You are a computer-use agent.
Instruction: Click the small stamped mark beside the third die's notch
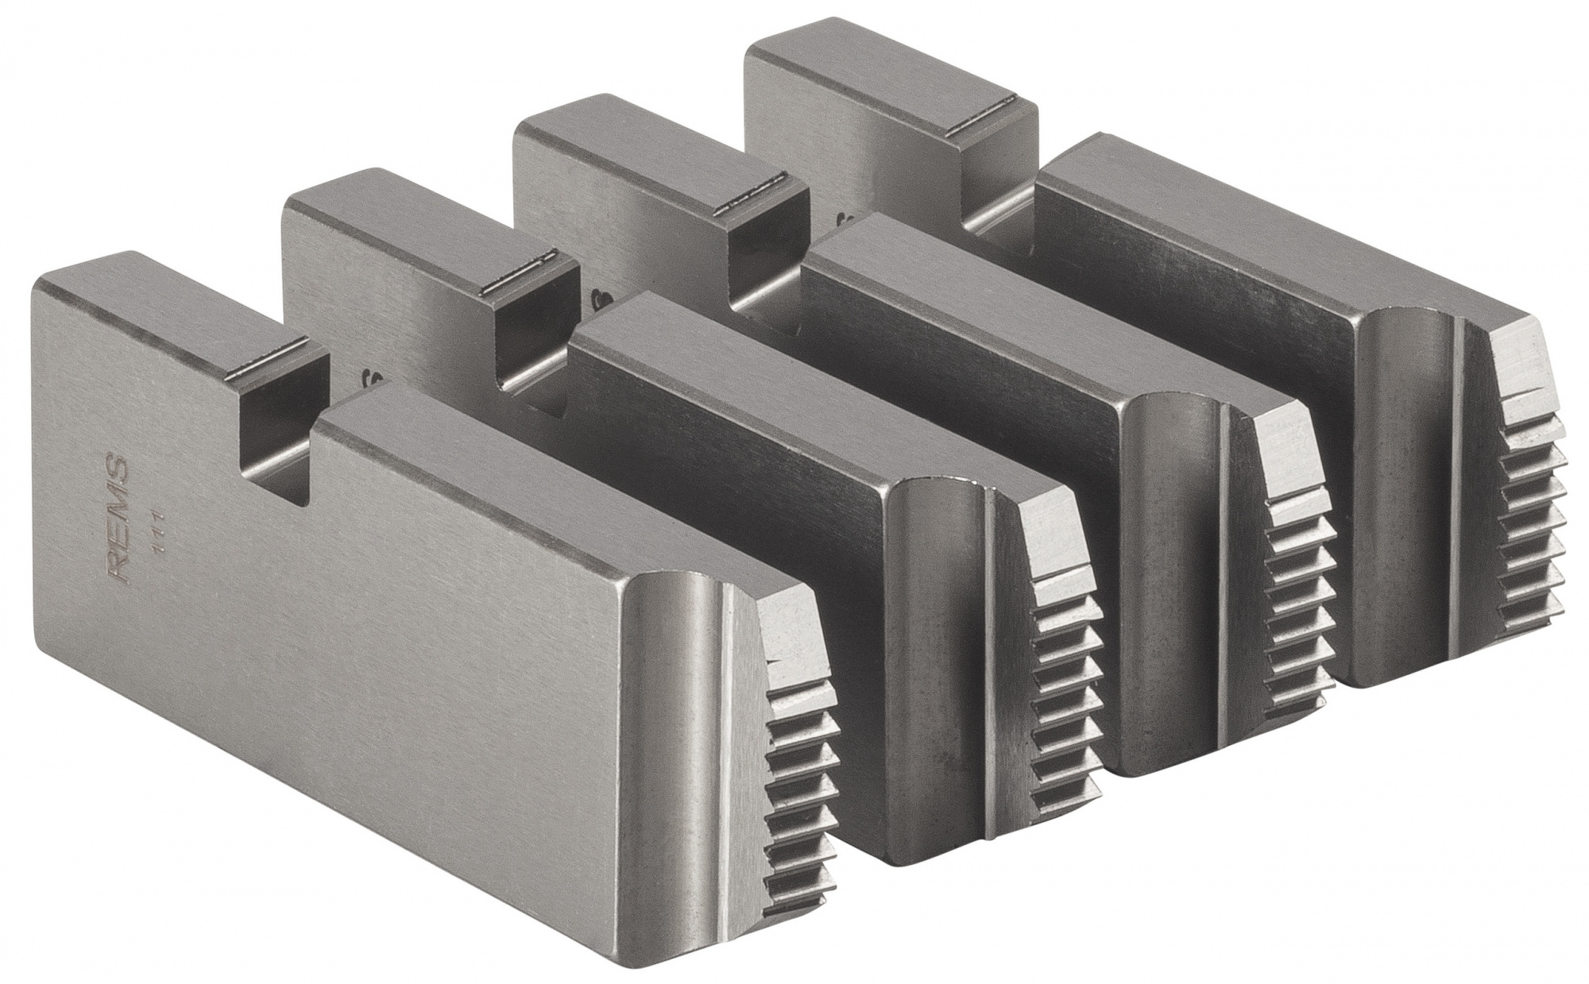601,297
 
